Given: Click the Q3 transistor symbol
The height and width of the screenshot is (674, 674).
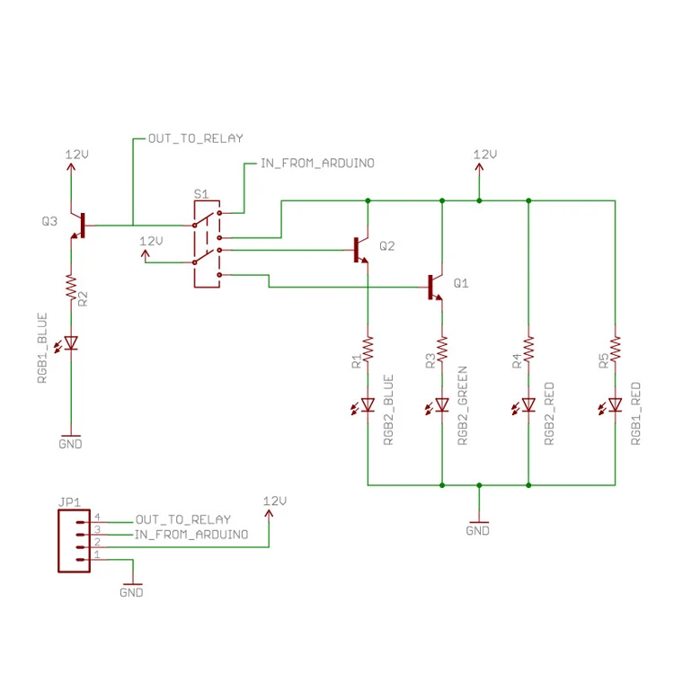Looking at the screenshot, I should click(78, 226).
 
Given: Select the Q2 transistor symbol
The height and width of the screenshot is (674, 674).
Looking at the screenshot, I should click(360, 249).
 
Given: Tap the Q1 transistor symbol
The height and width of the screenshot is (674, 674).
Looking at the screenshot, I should click(434, 287).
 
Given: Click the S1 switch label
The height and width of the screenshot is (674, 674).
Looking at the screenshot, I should click(201, 194).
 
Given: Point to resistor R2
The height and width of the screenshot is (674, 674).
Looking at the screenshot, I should click(71, 288).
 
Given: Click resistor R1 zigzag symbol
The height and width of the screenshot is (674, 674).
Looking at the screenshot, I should click(367, 347).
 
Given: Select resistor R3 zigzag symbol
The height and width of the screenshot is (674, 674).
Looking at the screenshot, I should click(441, 347).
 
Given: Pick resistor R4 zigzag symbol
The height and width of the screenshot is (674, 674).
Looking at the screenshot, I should click(528, 347).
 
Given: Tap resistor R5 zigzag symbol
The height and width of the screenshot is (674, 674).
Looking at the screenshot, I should click(615, 347).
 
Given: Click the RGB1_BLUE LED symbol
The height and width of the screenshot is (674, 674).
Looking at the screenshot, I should click(71, 342).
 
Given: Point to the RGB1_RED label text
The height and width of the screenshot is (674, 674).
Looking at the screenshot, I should click(636, 414).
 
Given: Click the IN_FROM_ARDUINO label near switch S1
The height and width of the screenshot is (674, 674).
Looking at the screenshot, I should click(316, 164).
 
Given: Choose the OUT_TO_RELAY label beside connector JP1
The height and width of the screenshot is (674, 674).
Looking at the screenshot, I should click(182, 519).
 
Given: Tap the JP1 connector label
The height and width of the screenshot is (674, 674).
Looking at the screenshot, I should click(69, 502).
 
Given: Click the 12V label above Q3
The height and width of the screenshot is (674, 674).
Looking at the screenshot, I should click(77, 155).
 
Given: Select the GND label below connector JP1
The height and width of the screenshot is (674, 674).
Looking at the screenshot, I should click(131, 592).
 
